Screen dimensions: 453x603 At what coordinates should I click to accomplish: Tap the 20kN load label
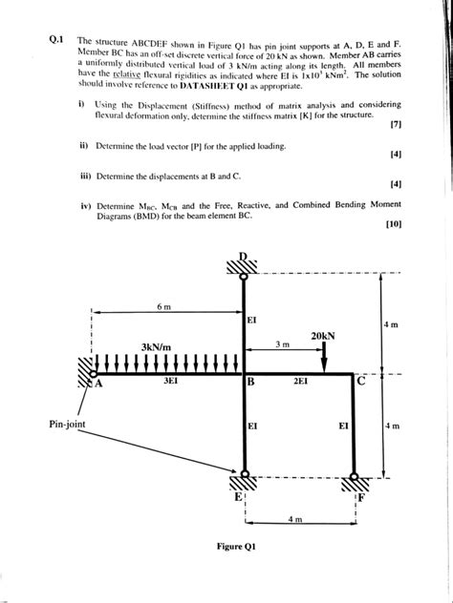[325, 336]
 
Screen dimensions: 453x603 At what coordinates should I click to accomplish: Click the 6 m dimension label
[163, 306]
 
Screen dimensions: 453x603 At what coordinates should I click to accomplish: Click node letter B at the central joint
[250, 383]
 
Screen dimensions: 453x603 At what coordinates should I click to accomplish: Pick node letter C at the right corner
[360, 383]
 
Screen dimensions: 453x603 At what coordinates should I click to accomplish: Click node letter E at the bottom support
[238, 494]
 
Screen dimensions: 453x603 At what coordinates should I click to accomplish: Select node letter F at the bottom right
[360, 496]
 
